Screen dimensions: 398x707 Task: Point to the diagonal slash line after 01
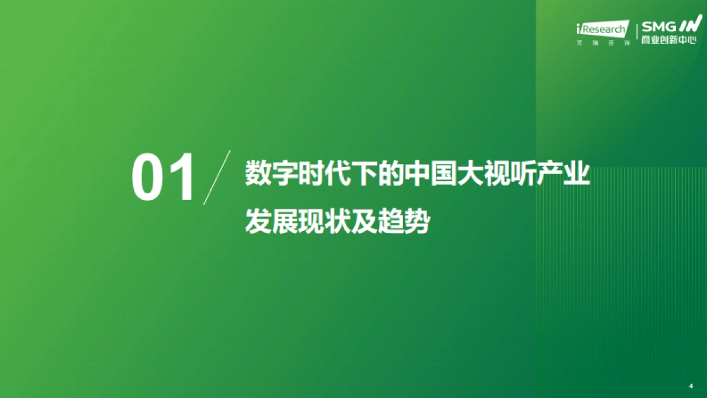click(x=217, y=177)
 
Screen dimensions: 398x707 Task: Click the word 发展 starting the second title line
click(x=268, y=223)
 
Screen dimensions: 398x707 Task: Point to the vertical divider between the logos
click(x=635, y=34)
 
